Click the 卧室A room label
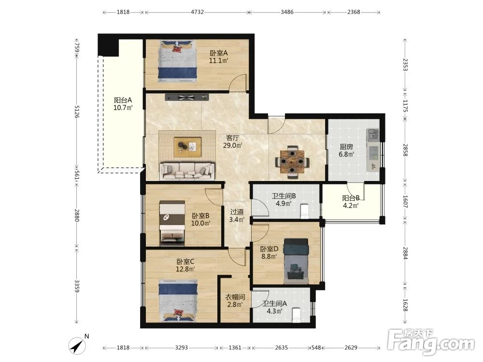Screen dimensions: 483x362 click(x=219, y=53)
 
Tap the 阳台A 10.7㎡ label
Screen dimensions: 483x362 click(x=123, y=104)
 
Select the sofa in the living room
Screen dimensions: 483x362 click(x=187, y=171)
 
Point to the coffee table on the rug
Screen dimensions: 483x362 click(x=187, y=147)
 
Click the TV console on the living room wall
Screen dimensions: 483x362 click(x=186, y=97)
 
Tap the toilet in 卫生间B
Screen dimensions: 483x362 click(x=304, y=211)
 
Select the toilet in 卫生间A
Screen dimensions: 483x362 click(x=296, y=315)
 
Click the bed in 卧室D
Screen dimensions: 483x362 click(x=296, y=261)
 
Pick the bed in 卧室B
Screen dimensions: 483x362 click(x=172, y=223)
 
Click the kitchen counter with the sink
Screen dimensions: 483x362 click(x=373, y=150)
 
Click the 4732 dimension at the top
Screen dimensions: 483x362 click(x=197, y=12)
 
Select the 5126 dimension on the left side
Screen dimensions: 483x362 click(x=77, y=111)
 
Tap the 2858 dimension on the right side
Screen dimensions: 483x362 click(x=405, y=150)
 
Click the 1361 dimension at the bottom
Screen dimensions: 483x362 click(x=235, y=348)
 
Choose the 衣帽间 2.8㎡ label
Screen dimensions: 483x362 click(x=235, y=301)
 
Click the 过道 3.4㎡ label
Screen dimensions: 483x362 click(x=237, y=215)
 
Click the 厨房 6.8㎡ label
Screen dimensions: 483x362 click(x=346, y=151)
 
